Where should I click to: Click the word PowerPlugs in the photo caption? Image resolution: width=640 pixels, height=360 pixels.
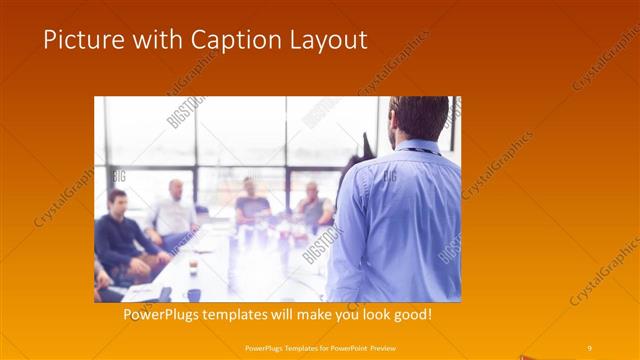[164, 315]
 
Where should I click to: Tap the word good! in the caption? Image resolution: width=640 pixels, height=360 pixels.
[412, 315]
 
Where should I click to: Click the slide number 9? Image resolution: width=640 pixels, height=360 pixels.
[589, 347]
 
